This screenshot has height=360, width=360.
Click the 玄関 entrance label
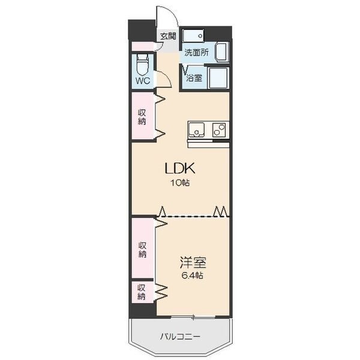point(168,36)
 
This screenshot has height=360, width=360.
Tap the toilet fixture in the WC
point(143,65)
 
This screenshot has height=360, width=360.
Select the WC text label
point(143,81)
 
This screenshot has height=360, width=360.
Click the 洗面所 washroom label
point(197,53)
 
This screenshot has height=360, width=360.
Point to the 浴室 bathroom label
point(194,78)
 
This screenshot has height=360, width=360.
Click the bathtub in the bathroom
point(218,78)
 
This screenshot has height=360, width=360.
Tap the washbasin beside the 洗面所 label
point(222,52)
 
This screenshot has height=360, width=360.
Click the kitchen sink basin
point(197,130)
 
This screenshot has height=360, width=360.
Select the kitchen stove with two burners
point(219,130)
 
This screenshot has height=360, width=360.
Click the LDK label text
point(180,168)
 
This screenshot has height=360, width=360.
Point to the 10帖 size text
point(180,183)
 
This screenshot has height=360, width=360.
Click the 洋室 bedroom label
point(193,263)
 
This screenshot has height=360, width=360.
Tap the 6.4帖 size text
point(193,275)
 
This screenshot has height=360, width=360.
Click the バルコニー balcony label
point(180,337)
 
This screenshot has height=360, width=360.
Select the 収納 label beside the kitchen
point(142,117)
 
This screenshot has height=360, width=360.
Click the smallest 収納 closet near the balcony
point(142,292)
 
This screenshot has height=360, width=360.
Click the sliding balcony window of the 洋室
point(193,317)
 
